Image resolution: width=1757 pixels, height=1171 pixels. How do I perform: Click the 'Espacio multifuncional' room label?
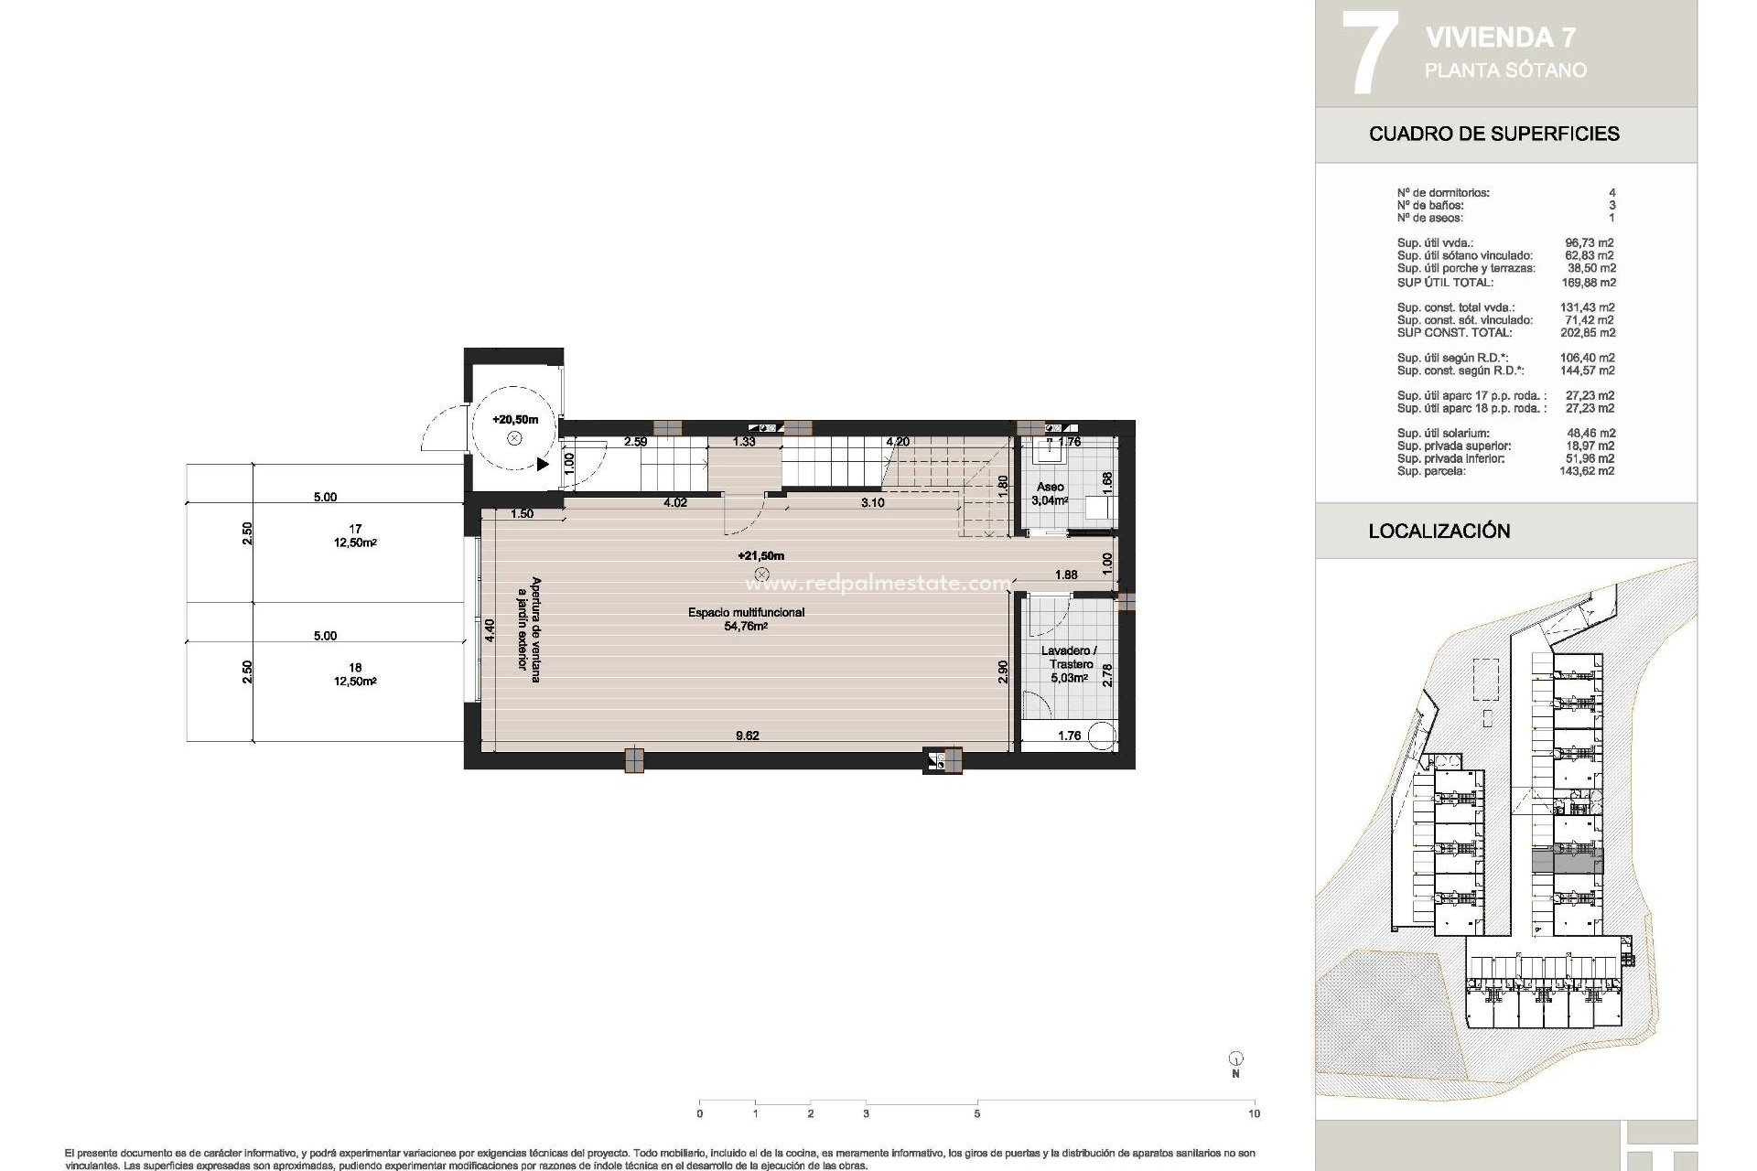[746, 612]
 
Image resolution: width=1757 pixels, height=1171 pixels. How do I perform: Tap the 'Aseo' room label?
[1050, 487]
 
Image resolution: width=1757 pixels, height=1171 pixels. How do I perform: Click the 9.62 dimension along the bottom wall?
[747, 736]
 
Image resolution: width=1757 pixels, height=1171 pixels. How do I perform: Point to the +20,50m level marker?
[515, 419]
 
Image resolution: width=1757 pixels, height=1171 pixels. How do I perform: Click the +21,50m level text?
[760, 555]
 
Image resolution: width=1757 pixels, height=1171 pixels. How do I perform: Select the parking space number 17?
[355, 529]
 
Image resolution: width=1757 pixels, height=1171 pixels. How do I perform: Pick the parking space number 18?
[355, 668]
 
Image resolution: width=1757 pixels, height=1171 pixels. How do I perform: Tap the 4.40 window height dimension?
[490, 630]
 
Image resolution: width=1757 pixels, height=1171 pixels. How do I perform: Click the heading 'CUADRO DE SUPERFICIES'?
[1493, 134]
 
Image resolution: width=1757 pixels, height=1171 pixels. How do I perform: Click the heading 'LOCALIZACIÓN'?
[1439, 531]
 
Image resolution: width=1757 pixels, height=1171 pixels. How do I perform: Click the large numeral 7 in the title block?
[1369, 52]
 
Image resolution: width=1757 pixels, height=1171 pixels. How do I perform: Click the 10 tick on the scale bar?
[1254, 1113]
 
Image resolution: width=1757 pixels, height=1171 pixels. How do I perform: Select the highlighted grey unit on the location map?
[1567, 861]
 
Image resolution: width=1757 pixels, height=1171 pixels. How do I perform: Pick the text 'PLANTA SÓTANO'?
[1505, 70]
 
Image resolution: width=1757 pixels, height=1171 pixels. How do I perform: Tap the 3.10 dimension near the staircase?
[872, 502]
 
